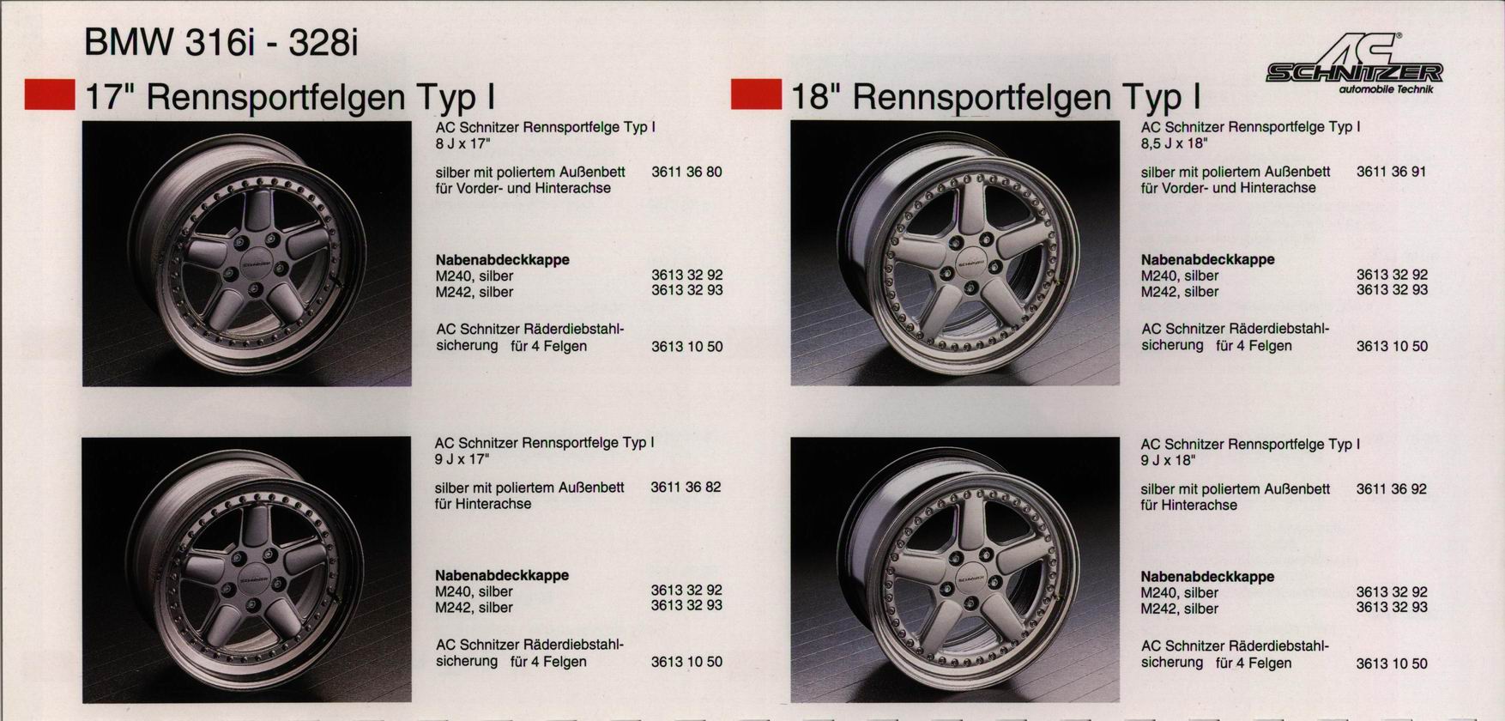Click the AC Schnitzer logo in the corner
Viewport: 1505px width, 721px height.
tap(1354, 64)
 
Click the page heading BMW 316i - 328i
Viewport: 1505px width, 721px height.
tap(220, 41)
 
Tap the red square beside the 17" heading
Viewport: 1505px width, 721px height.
tap(50, 95)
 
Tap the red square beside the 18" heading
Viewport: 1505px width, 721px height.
tap(756, 95)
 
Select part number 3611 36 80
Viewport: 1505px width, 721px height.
tap(686, 172)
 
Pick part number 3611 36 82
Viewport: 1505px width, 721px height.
tap(686, 488)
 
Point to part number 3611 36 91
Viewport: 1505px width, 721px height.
tap(1392, 172)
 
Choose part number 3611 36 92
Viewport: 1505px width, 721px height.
tap(1392, 489)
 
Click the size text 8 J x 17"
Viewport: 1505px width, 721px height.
tap(463, 143)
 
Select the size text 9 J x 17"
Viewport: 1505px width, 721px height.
tap(462, 459)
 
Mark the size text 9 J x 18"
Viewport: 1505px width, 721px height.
tap(1169, 461)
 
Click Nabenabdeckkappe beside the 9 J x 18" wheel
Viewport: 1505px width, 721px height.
tap(1207, 577)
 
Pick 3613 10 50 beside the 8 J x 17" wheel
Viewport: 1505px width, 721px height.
tap(686, 347)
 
